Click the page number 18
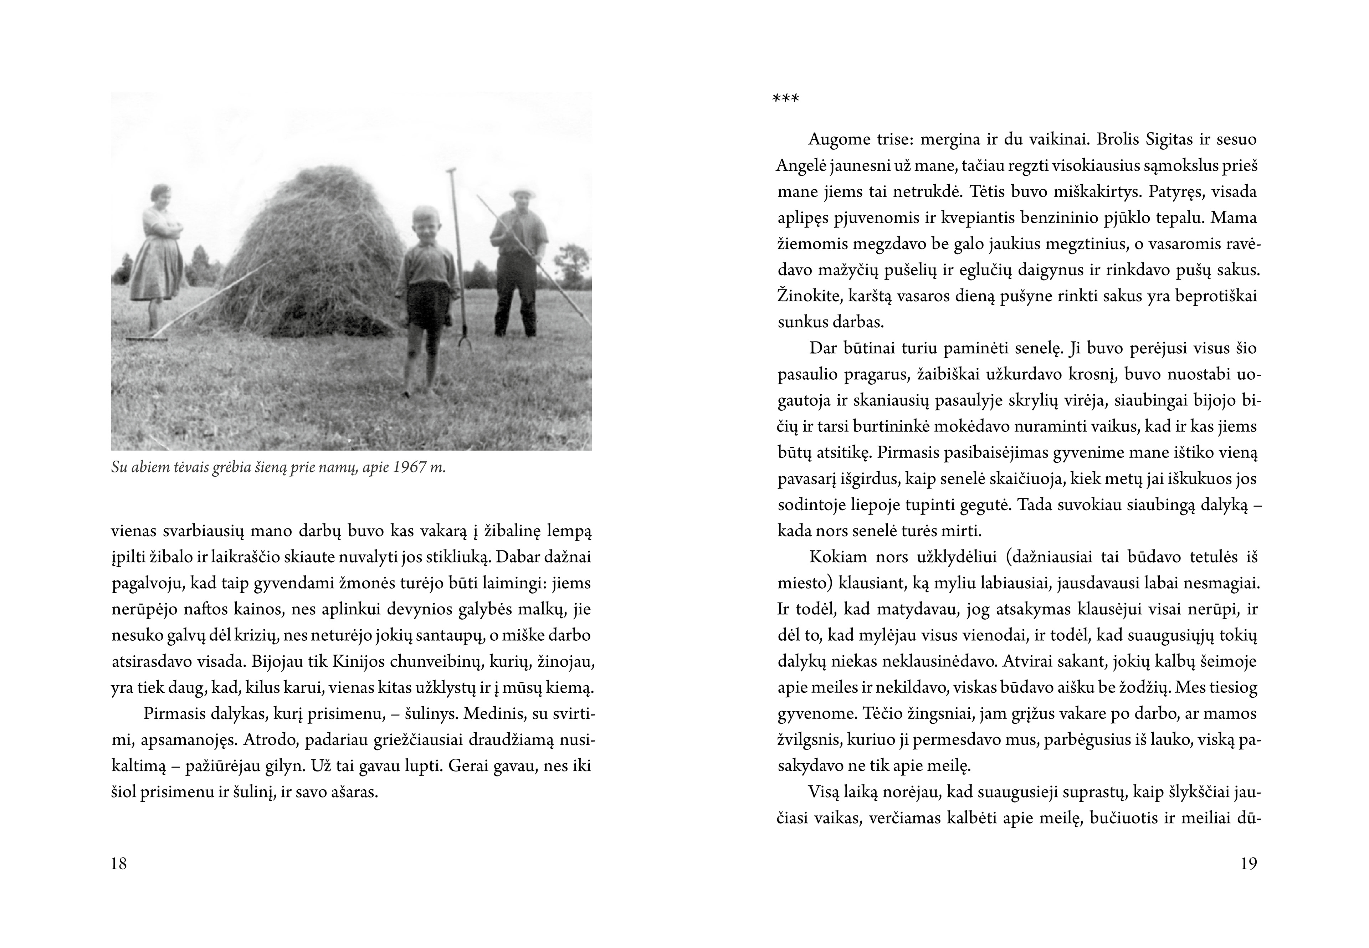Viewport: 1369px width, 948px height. tap(119, 864)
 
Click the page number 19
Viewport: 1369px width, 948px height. tap(1248, 864)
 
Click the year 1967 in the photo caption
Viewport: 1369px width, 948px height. tap(410, 467)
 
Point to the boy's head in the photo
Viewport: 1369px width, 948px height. tap(426, 223)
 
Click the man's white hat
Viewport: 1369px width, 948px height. tap(522, 193)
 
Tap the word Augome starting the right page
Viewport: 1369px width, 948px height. tap(839, 140)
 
